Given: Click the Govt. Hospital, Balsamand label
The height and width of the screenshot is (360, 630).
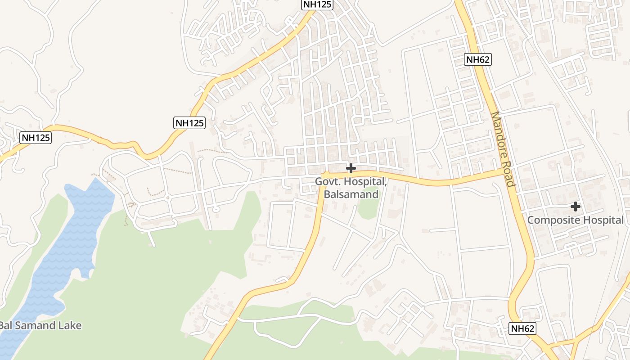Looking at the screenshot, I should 351,188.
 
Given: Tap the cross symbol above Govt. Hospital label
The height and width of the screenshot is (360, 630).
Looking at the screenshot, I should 351,168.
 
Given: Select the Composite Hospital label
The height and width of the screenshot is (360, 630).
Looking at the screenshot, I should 575,220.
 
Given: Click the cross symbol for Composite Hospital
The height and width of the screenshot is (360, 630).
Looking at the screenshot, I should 575,207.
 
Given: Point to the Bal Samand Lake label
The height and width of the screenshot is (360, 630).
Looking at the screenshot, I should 40,325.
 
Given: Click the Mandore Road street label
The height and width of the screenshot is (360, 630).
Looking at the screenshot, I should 503,149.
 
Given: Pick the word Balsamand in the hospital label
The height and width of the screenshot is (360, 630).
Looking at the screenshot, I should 351,194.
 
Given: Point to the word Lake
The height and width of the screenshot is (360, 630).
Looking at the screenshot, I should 70,325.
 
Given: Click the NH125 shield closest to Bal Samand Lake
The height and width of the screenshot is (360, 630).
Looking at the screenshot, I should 36,138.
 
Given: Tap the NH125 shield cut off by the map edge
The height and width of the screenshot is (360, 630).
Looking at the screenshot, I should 317,4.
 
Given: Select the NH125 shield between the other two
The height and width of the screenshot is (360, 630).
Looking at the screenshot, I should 189,123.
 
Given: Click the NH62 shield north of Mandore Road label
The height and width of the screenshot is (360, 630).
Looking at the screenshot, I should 478,59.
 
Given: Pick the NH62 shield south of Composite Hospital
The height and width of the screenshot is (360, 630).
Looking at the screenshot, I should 523,328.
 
